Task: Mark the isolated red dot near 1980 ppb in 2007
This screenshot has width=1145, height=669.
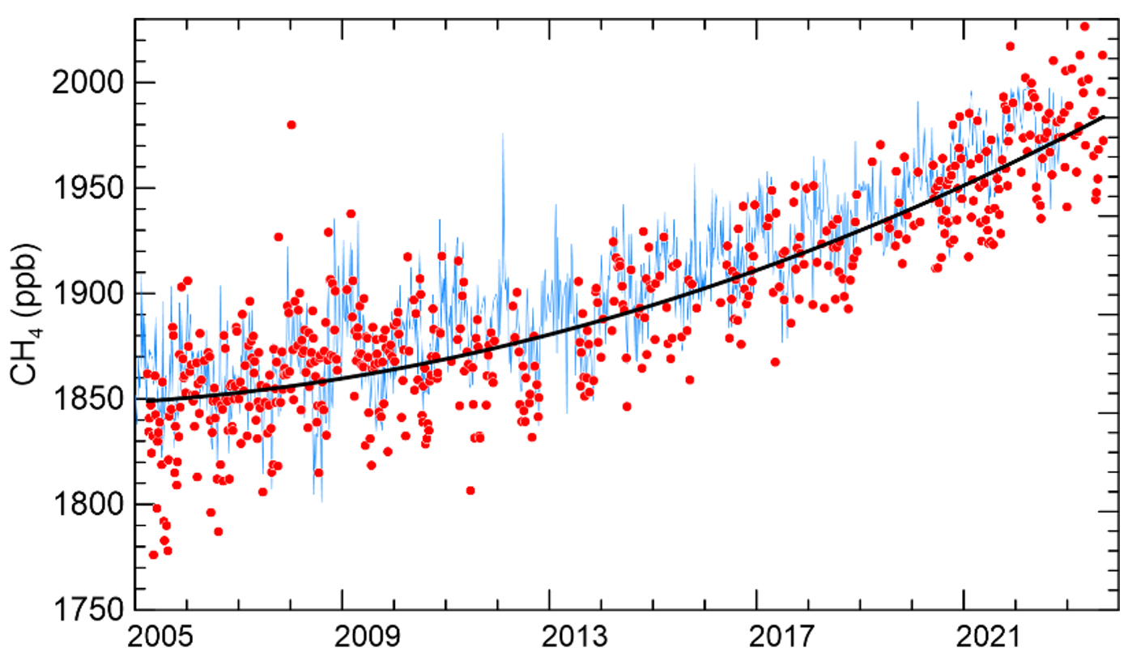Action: [292, 125]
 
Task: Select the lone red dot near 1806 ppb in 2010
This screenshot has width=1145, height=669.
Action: [470, 490]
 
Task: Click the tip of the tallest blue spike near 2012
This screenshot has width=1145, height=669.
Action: [503, 134]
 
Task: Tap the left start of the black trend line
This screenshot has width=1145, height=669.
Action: [136, 399]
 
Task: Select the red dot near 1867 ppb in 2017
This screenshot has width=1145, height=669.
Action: [775, 362]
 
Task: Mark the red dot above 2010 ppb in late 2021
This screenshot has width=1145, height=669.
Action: [1010, 46]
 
